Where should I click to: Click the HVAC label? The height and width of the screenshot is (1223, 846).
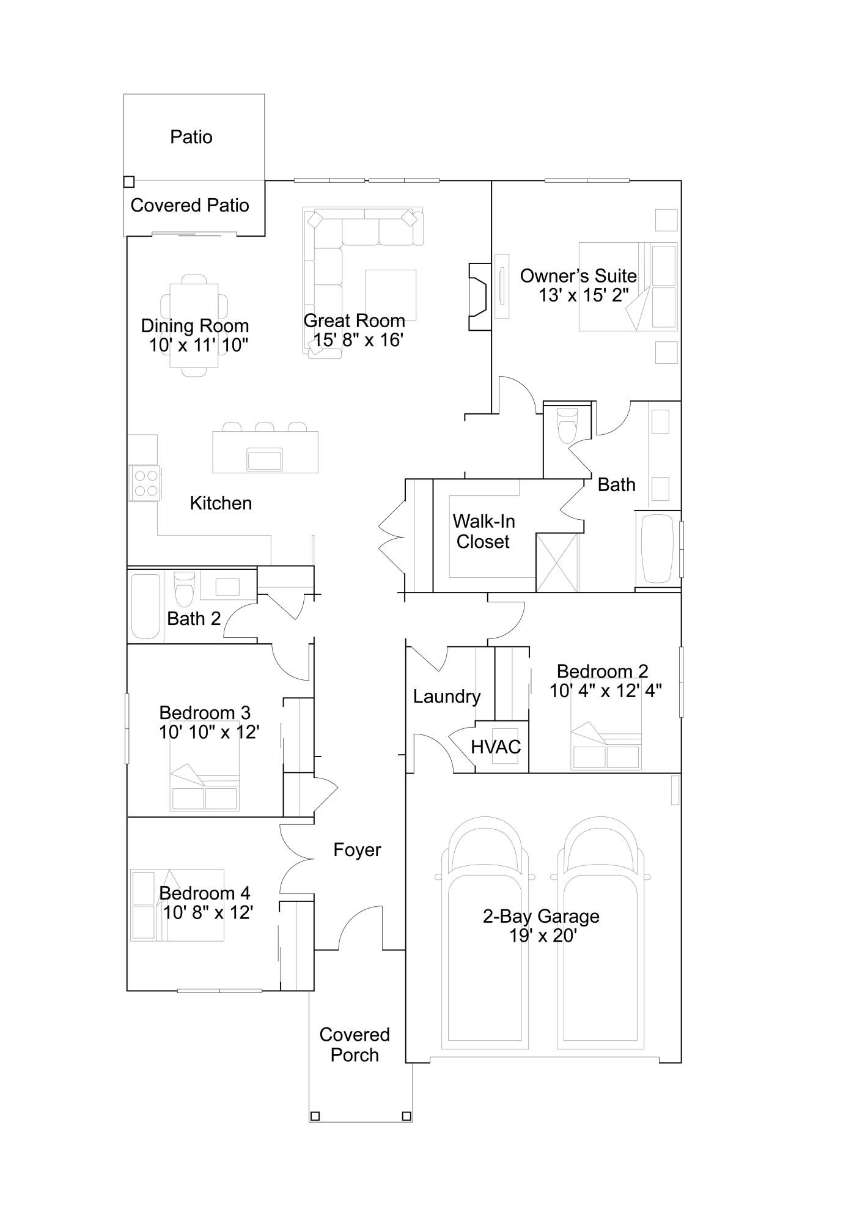496,747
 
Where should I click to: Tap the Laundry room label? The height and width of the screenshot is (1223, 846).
447,696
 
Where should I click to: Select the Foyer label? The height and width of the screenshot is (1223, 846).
357,850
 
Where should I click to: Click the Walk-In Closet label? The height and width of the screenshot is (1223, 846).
484,531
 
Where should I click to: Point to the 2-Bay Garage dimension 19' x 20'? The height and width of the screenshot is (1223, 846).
543,936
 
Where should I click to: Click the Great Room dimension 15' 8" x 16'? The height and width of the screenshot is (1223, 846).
358,339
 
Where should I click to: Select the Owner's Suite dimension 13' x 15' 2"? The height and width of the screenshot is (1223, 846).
584,295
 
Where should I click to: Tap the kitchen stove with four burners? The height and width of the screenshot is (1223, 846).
145,483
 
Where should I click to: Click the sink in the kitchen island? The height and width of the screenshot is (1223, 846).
265,459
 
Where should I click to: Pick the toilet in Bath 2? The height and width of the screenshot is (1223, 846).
184,588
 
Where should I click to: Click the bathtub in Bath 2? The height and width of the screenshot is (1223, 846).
145,606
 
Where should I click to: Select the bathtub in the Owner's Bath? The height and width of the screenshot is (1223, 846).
658,549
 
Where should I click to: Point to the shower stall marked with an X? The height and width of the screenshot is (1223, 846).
557,563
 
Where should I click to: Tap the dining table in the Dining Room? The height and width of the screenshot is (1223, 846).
194,325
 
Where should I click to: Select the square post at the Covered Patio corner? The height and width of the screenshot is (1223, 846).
128,182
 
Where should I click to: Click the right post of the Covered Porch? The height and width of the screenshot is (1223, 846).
406,1116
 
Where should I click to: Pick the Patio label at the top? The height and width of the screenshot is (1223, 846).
191,137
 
